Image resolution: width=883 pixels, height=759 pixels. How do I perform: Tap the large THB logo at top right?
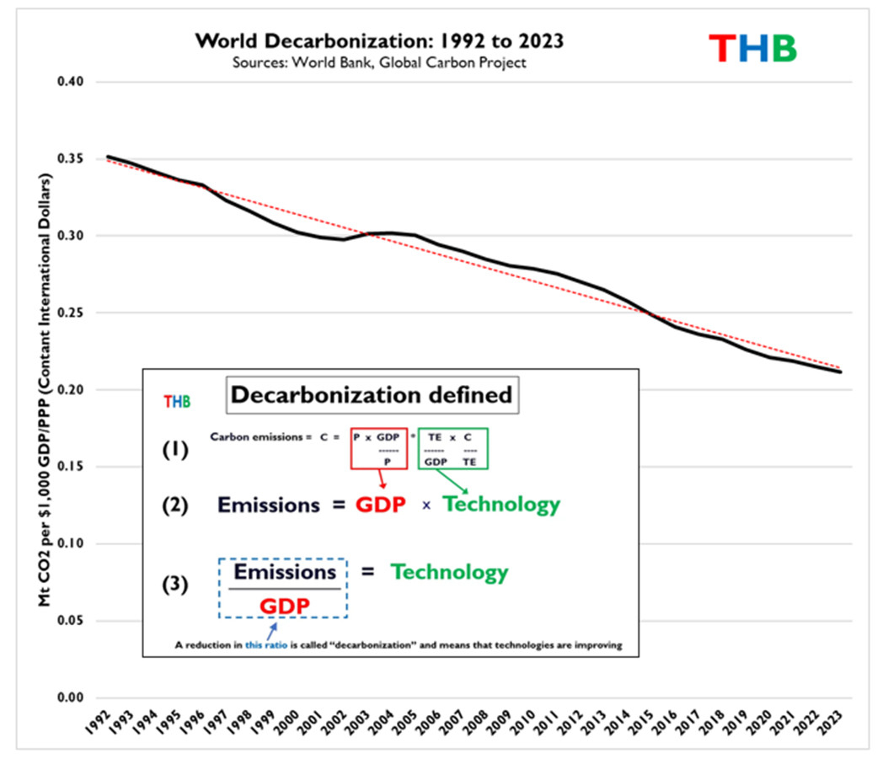coord(752,49)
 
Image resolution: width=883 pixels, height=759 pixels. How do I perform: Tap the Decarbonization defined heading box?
coord(371,395)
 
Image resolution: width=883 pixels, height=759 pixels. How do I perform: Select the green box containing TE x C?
coord(452,446)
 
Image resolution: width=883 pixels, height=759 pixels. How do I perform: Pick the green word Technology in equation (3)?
coord(448,573)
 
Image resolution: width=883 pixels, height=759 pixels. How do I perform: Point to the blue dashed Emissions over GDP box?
coord(282,588)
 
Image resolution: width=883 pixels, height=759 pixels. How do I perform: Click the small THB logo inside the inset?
coord(178,402)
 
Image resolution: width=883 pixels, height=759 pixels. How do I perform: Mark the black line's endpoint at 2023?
coord(841,371)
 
